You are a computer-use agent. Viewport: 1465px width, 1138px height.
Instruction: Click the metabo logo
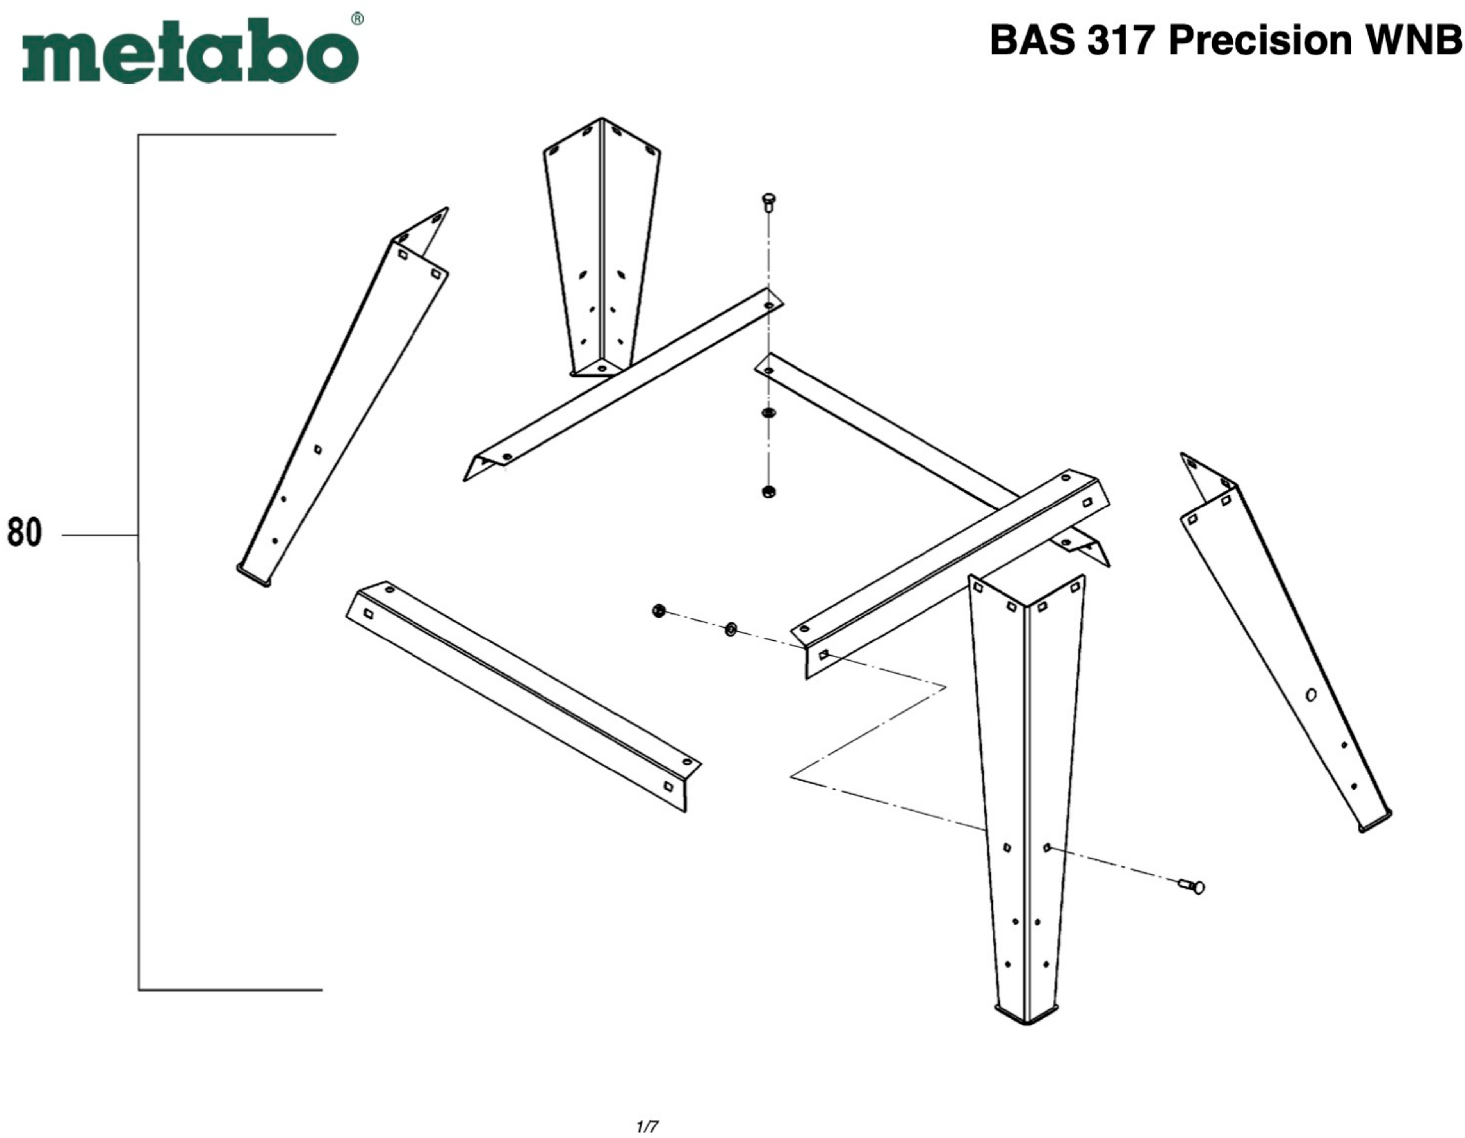(190, 52)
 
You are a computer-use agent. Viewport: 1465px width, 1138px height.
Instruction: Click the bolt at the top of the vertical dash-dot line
(769, 201)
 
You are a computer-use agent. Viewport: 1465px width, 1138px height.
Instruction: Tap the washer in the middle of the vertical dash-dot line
(769, 413)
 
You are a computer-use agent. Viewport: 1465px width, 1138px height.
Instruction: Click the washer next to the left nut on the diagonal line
(731, 629)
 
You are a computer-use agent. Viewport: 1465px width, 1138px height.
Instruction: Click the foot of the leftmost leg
(254, 576)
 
